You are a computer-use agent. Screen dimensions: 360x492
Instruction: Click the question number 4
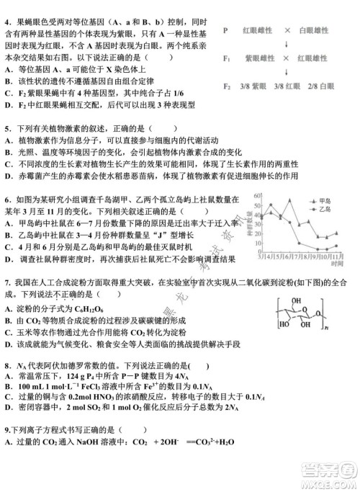coord(7,13)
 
